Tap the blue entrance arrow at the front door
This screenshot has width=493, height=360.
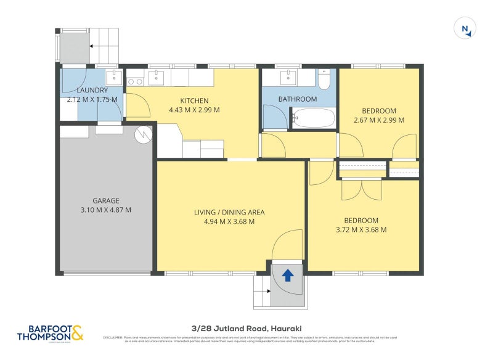(287, 275)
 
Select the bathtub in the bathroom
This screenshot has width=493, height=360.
(313, 117)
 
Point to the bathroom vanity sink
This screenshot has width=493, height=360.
(288, 77)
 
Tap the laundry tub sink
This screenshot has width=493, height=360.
(113, 77)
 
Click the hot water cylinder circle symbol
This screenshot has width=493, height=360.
(143, 134)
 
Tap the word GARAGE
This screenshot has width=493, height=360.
(106, 200)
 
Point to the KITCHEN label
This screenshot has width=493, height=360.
(194, 101)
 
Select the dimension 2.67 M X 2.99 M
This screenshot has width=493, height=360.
(379, 120)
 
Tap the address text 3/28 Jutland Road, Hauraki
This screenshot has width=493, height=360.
(249, 329)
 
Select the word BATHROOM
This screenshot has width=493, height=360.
(297, 99)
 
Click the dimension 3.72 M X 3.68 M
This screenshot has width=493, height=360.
(361, 229)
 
